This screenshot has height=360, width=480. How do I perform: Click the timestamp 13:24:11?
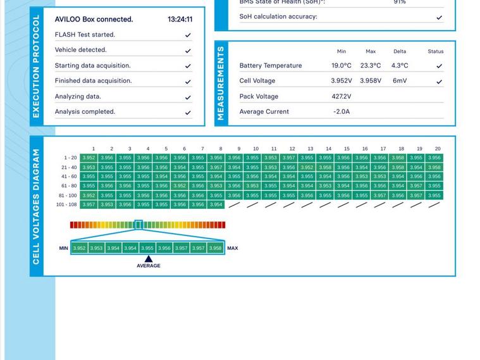(x=180, y=20)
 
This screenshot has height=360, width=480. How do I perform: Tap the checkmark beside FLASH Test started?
(x=188, y=35)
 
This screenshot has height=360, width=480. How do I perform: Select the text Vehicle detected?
(x=81, y=50)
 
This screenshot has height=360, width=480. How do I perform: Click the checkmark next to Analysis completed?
(x=188, y=113)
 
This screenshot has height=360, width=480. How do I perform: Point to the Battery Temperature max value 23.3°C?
(x=371, y=66)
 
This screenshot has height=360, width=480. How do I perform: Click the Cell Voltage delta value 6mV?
(x=400, y=81)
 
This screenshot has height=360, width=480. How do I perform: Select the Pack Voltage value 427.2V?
(x=342, y=97)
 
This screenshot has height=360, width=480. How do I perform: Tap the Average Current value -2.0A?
(x=342, y=112)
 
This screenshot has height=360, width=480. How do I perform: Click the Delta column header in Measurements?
(x=400, y=52)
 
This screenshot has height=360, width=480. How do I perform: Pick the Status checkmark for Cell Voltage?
(x=439, y=82)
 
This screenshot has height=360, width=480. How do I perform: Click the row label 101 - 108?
(x=66, y=205)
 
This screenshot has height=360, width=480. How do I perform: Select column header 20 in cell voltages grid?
(x=437, y=149)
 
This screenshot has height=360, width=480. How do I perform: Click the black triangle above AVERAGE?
(x=148, y=259)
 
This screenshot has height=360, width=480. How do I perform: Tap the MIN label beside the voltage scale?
(x=64, y=249)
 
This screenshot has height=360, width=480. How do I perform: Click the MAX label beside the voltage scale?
(x=233, y=249)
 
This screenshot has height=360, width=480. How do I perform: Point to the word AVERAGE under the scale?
(x=149, y=266)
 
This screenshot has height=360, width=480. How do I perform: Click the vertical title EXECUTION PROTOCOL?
(x=36, y=66)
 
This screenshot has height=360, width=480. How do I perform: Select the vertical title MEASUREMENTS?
(x=221, y=82)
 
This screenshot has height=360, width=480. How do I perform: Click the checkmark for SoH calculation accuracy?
(x=439, y=18)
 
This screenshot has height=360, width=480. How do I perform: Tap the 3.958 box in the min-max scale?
(x=216, y=249)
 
